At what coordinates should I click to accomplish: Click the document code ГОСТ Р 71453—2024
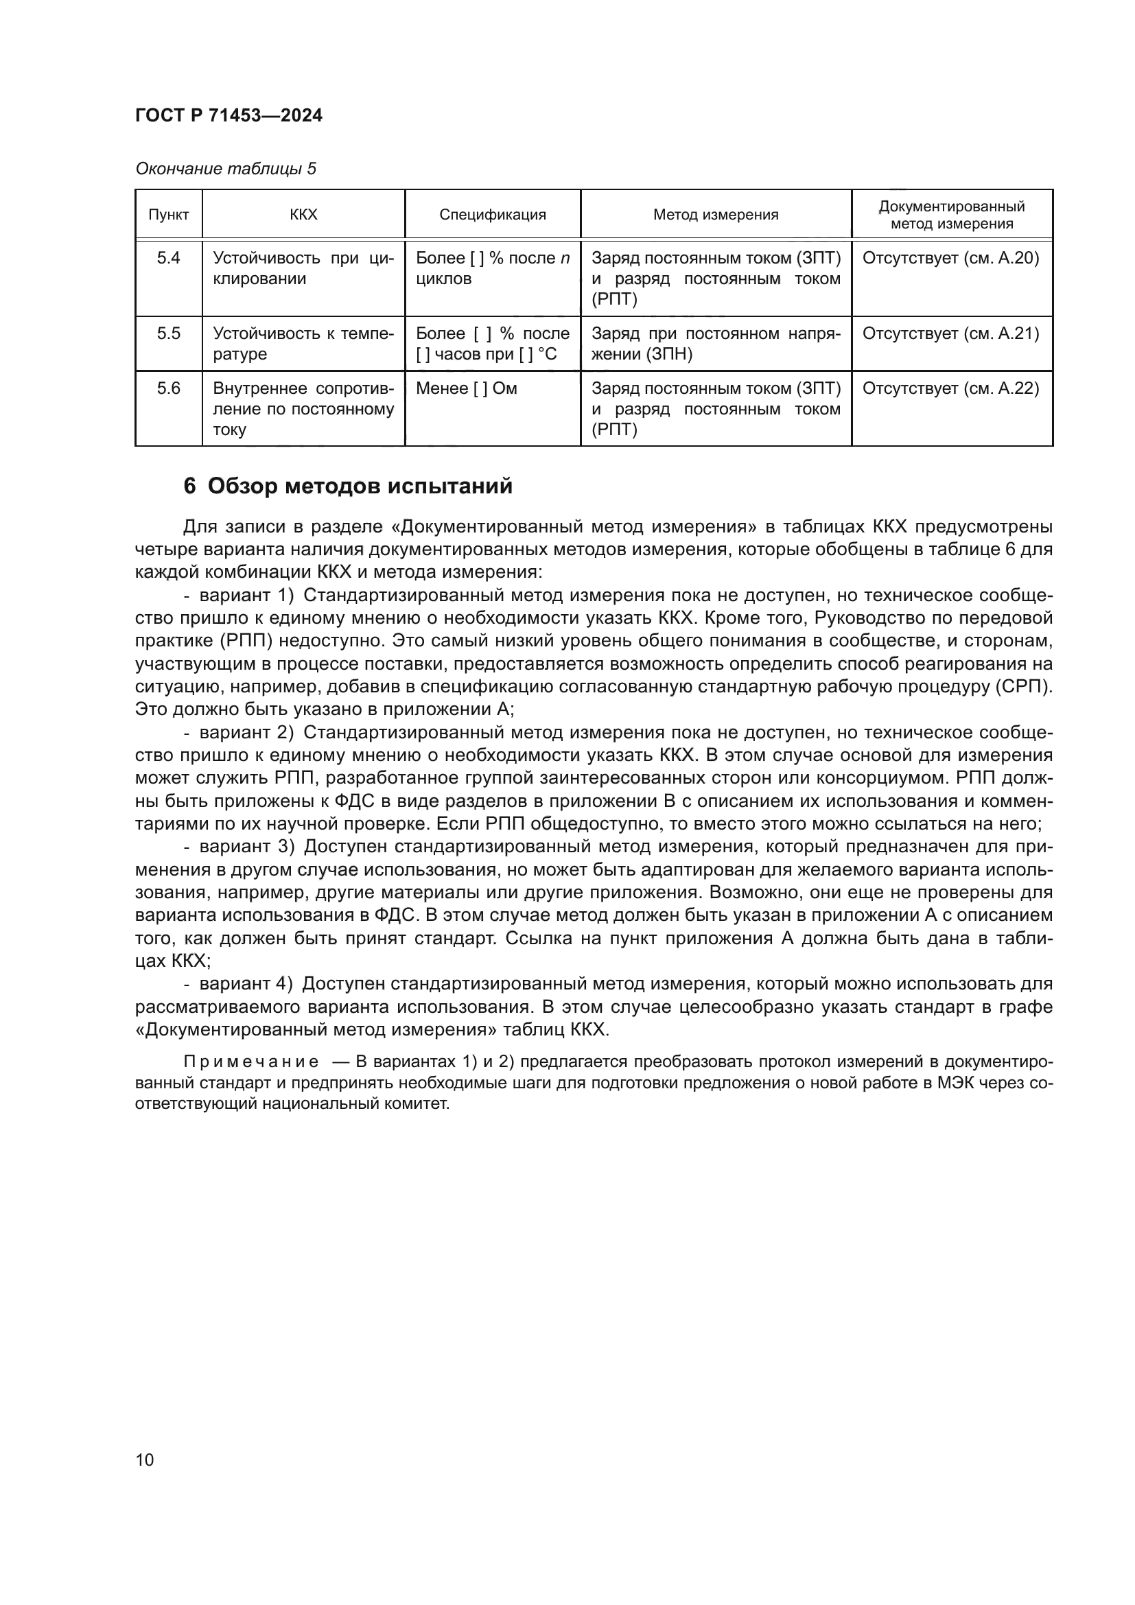point(229,115)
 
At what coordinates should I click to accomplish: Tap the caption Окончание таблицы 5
point(225,169)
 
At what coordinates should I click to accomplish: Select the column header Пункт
point(168,215)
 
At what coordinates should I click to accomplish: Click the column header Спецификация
point(492,215)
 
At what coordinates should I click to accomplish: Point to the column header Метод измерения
point(715,215)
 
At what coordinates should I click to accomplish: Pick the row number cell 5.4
point(168,258)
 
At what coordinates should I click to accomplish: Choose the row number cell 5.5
point(168,333)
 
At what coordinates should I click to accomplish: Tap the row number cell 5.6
point(168,388)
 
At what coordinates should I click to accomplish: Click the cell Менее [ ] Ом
point(466,388)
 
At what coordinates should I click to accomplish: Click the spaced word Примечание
point(251,1062)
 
